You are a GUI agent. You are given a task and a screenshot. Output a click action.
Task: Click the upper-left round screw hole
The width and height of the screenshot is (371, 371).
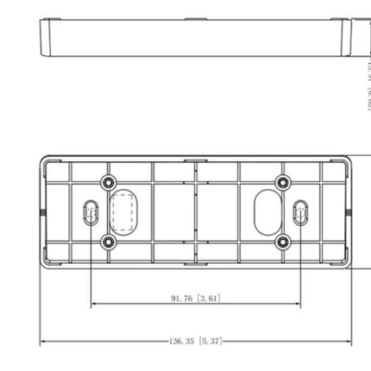click(x=109, y=182)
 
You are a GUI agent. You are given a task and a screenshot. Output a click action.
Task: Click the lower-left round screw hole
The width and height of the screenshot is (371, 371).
click(x=109, y=242)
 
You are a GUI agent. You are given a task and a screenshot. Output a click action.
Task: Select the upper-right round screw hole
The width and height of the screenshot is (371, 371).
click(x=282, y=182)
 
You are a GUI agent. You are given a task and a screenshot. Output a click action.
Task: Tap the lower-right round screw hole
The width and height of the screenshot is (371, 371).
click(x=282, y=242)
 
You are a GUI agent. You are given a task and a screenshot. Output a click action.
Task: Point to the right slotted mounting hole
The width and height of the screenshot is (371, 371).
click(x=299, y=212)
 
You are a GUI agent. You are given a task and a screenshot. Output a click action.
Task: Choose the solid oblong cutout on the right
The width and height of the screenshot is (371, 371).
click(x=267, y=210)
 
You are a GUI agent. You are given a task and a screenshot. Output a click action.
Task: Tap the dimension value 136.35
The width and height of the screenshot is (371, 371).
click(x=181, y=342)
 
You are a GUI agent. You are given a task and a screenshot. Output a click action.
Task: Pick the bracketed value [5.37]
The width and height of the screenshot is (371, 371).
click(x=210, y=342)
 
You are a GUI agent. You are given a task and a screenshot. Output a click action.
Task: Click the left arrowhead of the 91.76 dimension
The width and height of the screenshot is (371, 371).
click(x=94, y=304)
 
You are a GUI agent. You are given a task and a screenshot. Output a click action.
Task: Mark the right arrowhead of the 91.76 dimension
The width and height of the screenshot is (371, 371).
click(x=298, y=304)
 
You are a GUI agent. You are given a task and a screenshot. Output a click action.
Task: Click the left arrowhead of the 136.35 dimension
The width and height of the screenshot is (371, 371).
click(x=44, y=342)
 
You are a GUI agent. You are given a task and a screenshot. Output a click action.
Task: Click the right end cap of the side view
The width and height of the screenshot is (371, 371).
click(x=349, y=36)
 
